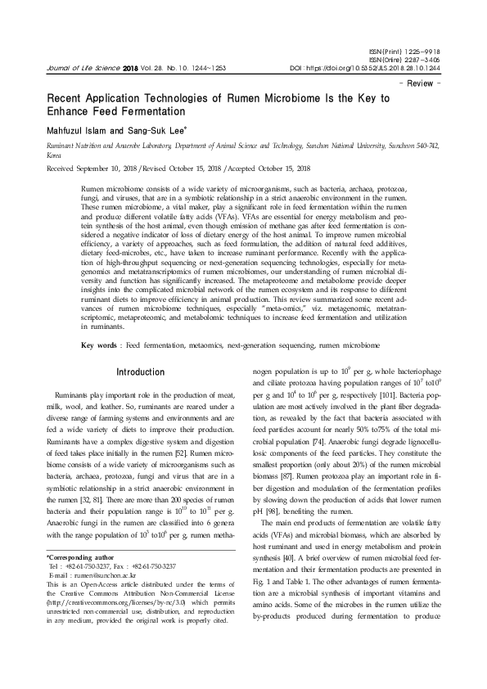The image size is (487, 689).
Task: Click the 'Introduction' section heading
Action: click(140, 372)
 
